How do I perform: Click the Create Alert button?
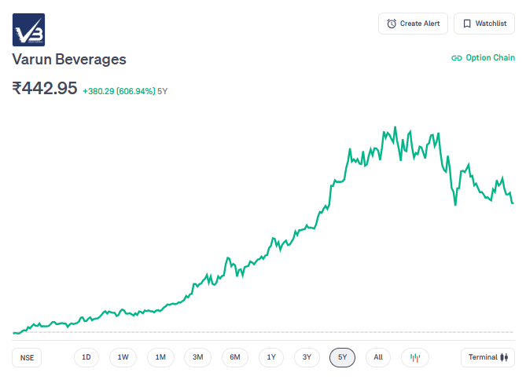[x=413, y=24]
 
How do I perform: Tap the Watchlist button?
[x=484, y=24]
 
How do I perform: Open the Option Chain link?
[x=483, y=58]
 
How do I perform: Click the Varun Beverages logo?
[x=28, y=30]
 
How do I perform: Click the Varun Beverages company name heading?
[x=69, y=60]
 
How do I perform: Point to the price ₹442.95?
[x=45, y=88]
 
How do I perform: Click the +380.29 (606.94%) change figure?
[x=118, y=91]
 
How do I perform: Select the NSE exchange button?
[x=28, y=358]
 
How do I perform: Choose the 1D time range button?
[x=86, y=358]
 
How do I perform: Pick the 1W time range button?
[x=123, y=358]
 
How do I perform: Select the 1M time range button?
[x=160, y=358]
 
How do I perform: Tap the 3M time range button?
[x=198, y=358]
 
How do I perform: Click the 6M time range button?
[x=235, y=358]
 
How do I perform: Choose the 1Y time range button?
[x=271, y=358]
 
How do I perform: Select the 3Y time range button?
[x=307, y=358]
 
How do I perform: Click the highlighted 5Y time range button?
[x=343, y=358]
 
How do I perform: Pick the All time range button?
[x=378, y=358]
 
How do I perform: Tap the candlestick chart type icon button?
[x=416, y=358]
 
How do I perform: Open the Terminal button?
[x=487, y=358]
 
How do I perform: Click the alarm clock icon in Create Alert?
[x=392, y=24]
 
